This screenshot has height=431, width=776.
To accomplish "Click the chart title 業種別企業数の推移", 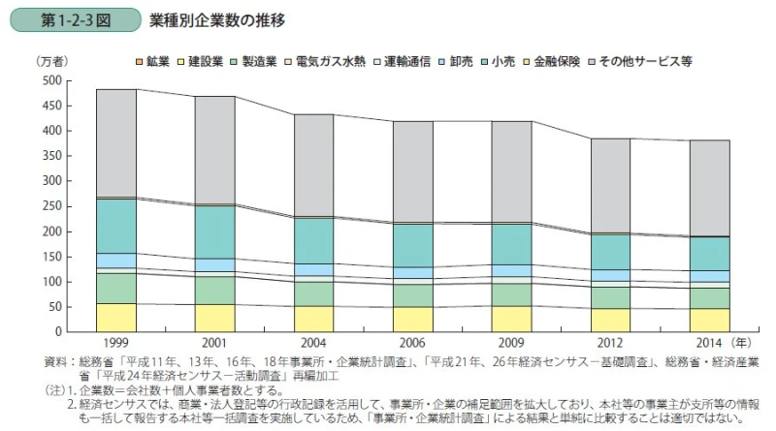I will pyautogui.click(x=217, y=19).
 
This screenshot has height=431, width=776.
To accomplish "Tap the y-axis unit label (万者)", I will pyautogui.click(x=50, y=61).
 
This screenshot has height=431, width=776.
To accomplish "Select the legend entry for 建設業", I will pyautogui.click(x=201, y=61).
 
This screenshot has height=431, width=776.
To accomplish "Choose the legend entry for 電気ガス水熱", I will pyautogui.click(x=329, y=61).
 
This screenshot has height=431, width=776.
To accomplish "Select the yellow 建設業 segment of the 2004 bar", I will pyautogui.click(x=314, y=319).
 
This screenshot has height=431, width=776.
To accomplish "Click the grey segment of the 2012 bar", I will pyautogui.click(x=611, y=185).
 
